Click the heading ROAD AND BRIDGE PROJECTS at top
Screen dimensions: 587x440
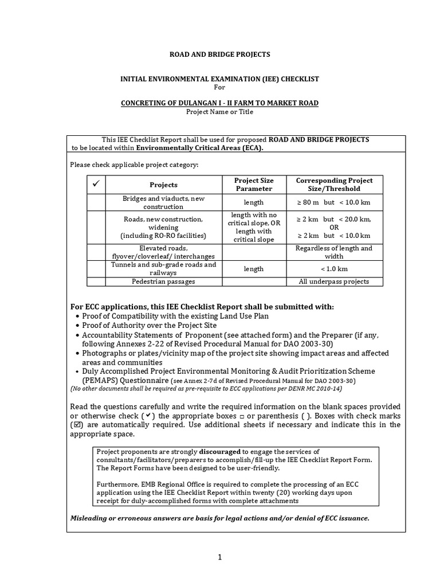pos(219,54)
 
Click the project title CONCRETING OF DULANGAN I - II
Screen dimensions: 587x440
pos(219,103)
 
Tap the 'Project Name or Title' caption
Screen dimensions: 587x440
pos(219,112)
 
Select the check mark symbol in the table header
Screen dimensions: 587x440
pos(96,185)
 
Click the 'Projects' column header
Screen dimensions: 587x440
pos(163,185)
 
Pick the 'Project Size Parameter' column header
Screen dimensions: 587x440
pos(253,185)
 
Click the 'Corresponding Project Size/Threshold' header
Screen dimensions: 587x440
pos(334,185)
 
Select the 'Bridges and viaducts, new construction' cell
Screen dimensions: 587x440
pos(163,202)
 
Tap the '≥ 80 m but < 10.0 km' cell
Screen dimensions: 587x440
pos(334,202)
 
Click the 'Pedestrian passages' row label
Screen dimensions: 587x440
pos(163,281)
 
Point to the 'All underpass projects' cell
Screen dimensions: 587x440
pos(334,281)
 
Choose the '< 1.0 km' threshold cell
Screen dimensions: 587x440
pos(334,269)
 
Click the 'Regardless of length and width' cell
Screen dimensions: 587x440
pos(334,252)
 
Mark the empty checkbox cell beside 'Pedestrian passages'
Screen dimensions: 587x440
pos(96,281)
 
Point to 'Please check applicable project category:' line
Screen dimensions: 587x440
pos(134,165)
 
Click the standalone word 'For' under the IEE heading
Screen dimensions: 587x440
pos(219,87)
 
